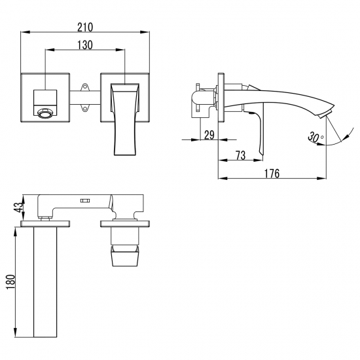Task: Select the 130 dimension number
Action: [84, 45]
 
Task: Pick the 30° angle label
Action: [314, 137]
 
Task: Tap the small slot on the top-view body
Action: [84, 202]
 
